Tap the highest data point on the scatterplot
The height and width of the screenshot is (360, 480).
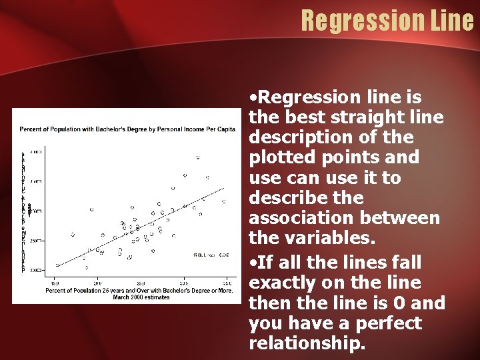pos(198,157)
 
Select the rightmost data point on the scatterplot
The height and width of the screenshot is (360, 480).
pos(224,201)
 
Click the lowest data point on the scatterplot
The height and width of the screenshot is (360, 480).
pos(86,267)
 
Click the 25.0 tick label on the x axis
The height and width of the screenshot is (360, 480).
pos(141,283)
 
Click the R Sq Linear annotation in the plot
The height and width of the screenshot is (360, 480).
pos(211,255)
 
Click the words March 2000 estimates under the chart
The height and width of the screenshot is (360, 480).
pos(141,297)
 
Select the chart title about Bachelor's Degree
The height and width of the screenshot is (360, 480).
pos(127,129)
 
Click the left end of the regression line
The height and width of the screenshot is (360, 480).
pos(57,265)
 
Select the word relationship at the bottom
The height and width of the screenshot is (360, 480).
pos(306,343)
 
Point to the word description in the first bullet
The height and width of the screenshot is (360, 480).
pos(294,138)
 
